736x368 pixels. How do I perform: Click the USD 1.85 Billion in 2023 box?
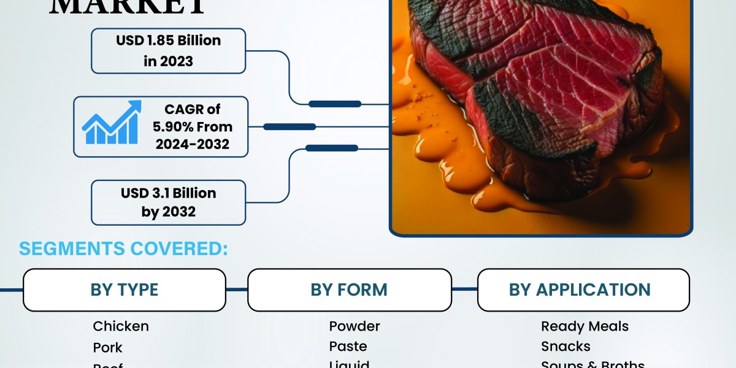coord(168,51)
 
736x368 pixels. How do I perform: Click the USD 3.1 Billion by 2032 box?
coord(168,202)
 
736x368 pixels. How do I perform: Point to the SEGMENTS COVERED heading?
coord(123,249)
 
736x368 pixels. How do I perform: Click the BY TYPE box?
coord(124,289)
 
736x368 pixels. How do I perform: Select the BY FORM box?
coord(349,289)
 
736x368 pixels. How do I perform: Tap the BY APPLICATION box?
coord(583,289)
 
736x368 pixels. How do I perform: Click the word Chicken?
coord(121,326)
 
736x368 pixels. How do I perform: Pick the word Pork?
coord(108,348)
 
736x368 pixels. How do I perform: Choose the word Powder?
coord(355,326)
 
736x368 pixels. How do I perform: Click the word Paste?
coord(348,347)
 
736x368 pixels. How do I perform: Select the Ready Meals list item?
coord(585,326)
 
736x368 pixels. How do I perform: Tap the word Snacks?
coord(565,347)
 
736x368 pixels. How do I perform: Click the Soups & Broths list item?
coord(592,364)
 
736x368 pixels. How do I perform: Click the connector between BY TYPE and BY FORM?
coord(237,289)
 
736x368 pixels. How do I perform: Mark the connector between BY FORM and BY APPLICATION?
coord(465,289)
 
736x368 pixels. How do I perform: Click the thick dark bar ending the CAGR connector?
coord(289,127)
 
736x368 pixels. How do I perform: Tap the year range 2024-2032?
coord(192,145)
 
